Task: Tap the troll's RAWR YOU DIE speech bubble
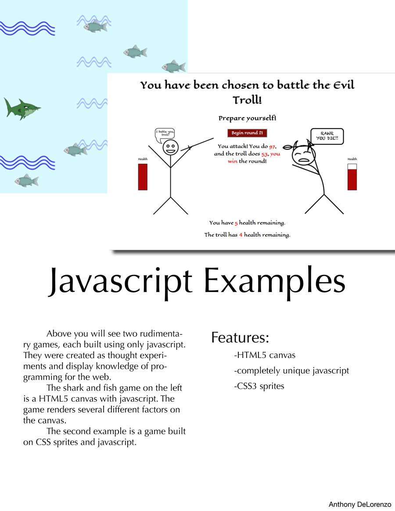327,136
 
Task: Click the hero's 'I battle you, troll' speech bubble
165,135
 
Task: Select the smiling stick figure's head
170,148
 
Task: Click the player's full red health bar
143,176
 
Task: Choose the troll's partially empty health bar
352,176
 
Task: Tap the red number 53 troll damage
265,154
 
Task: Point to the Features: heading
240,338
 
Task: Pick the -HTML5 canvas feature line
265,355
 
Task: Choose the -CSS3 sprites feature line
259,386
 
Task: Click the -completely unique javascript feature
291,371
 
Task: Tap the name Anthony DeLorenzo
360,504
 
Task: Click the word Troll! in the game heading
247,100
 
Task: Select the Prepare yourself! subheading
248,118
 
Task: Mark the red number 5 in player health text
236,223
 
